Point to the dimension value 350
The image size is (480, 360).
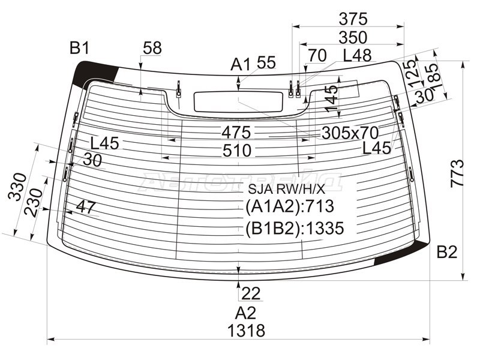click(x=353, y=37)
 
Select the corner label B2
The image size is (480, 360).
click(x=447, y=252)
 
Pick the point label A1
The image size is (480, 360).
click(x=241, y=64)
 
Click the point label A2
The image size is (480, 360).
click(x=245, y=312)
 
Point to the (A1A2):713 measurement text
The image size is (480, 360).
click(x=289, y=207)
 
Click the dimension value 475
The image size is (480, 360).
click(x=236, y=132)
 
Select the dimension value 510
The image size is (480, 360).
click(x=236, y=151)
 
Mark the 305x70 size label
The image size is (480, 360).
click(x=350, y=132)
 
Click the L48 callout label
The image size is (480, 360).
click(x=357, y=56)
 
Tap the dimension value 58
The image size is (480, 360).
click(x=152, y=49)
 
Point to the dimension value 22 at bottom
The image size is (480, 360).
click(x=252, y=293)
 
